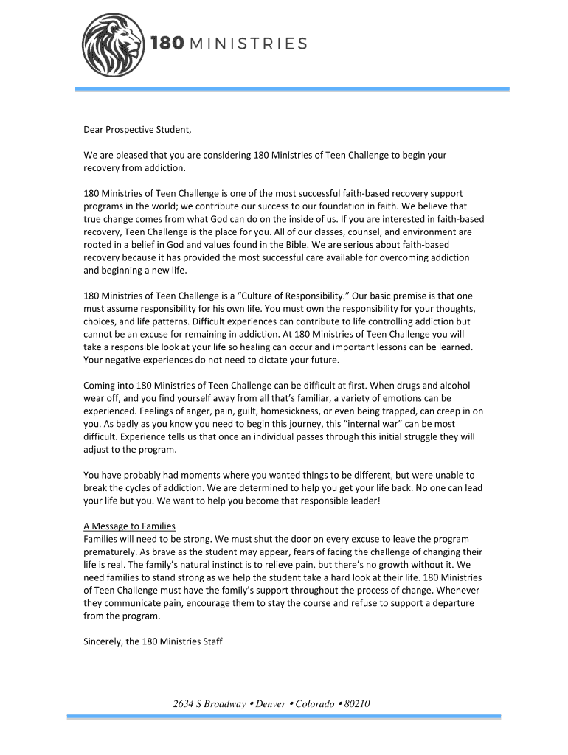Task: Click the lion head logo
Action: (x=112, y=46)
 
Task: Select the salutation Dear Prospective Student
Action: (x=137, y=130)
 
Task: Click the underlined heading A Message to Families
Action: (x=129, y=526)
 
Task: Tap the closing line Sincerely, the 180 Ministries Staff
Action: (x=153, y=641)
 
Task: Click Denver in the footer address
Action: (x=268, y=703)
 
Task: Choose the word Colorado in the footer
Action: (x=315, y=703)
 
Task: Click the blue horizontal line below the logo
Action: (x=292, y=89)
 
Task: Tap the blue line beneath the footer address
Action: (x=284, y=717)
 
